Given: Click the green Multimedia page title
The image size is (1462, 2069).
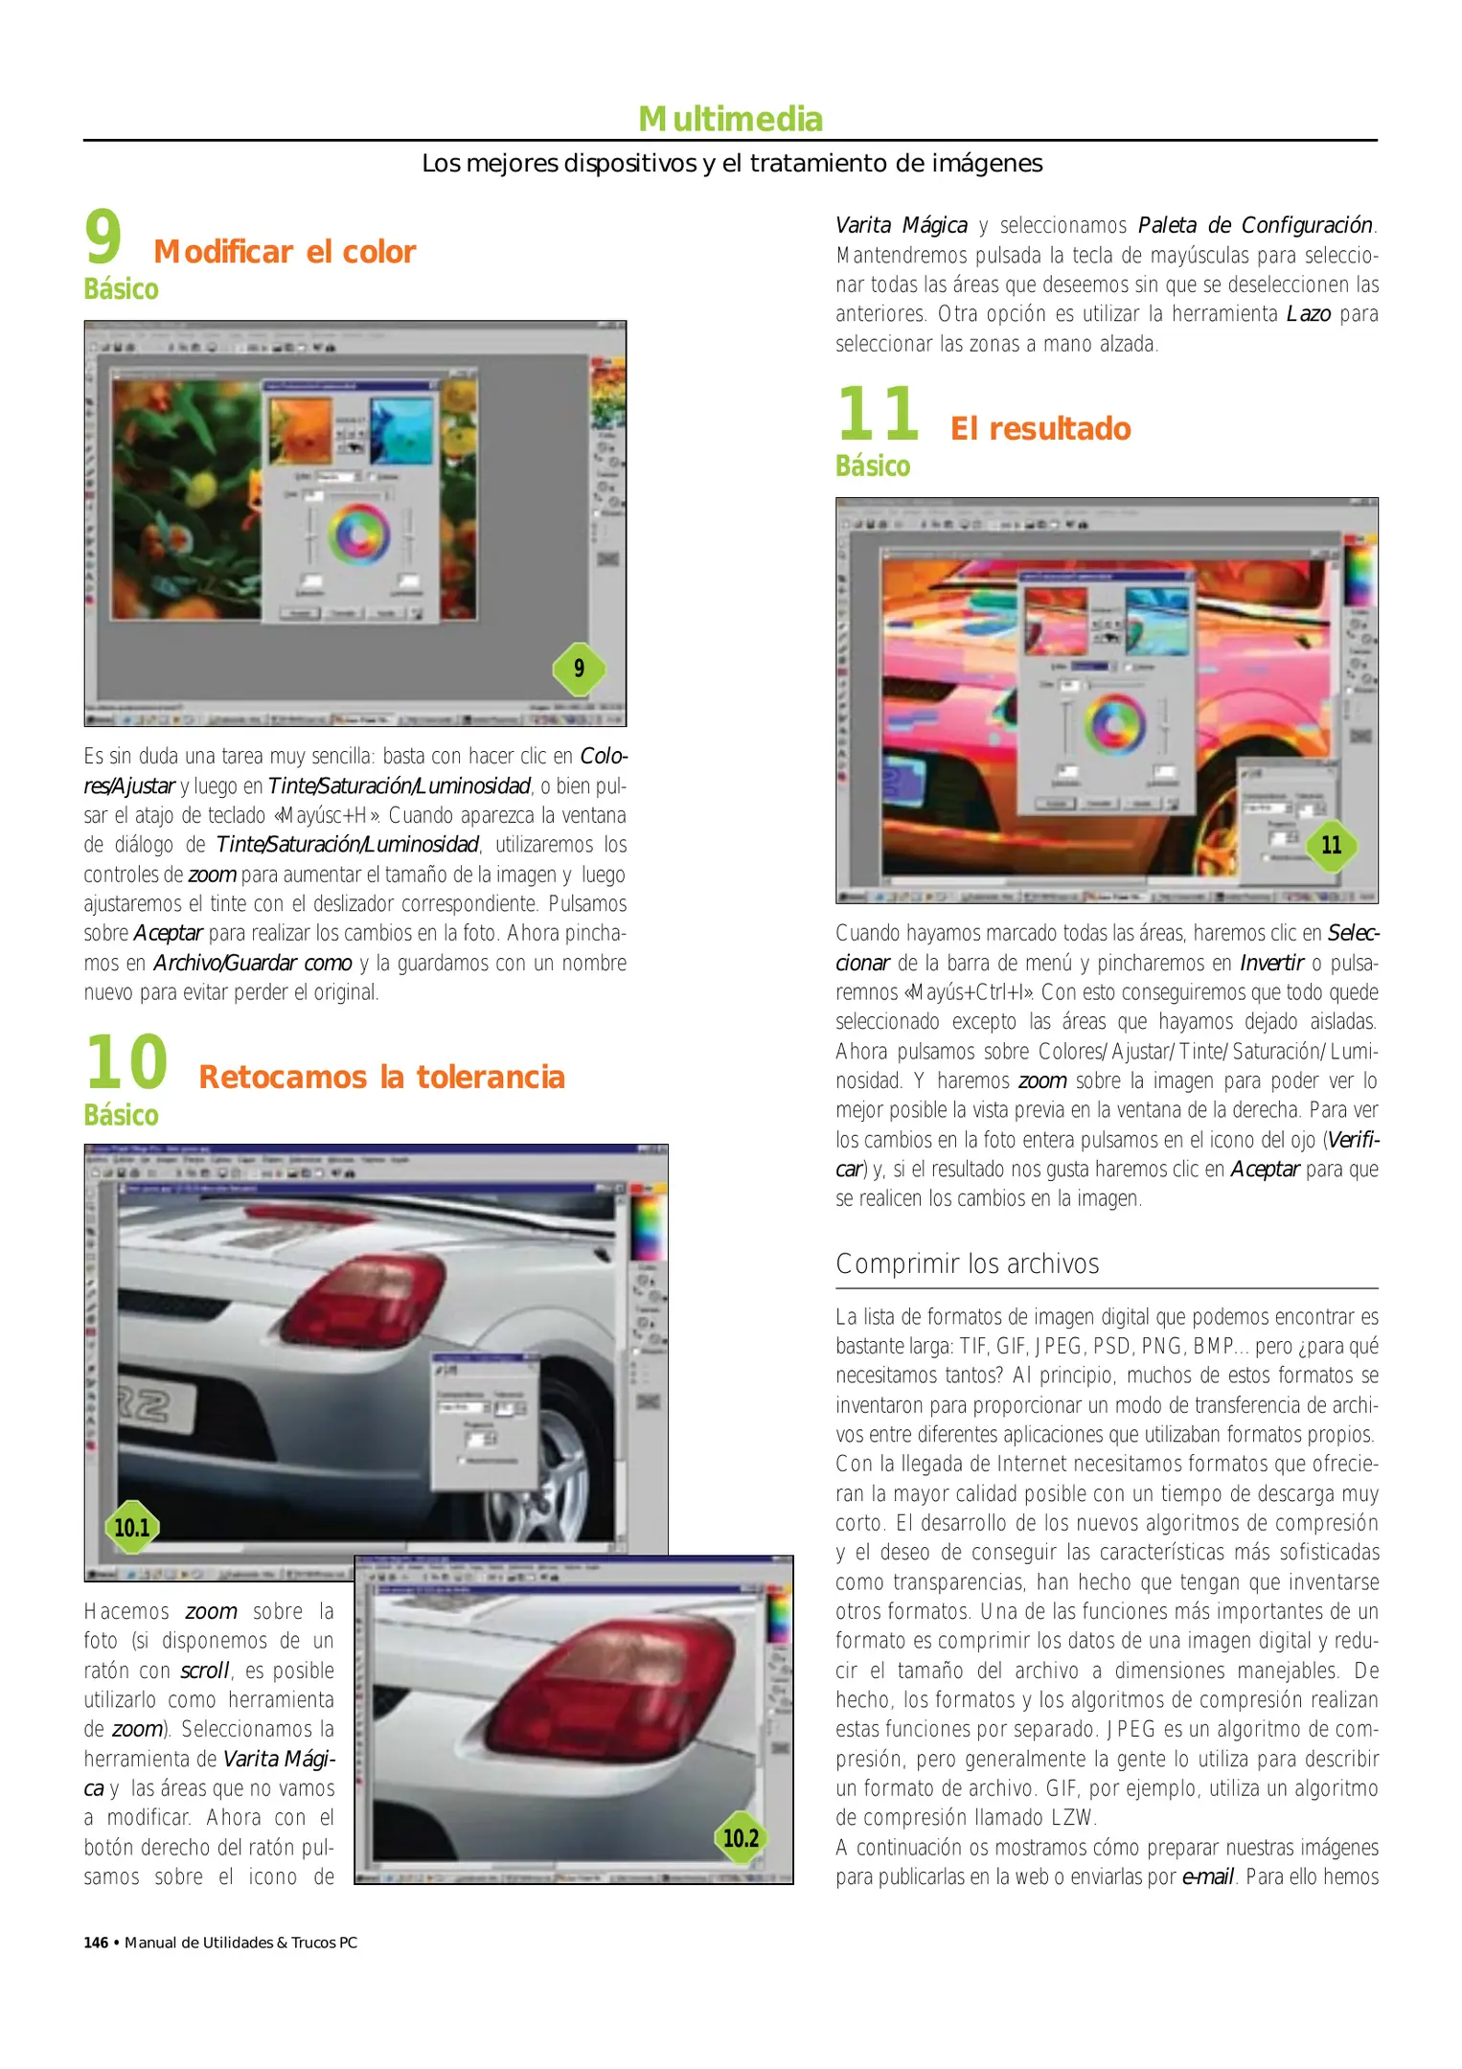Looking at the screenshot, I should click(730, 120).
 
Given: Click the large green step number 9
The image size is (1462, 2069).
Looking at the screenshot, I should click(103, 238).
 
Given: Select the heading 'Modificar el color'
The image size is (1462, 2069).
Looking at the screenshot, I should click(285, 252).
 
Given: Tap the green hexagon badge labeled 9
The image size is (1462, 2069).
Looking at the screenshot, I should click(579, 668).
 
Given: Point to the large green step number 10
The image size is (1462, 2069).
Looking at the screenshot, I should click(126, 1063).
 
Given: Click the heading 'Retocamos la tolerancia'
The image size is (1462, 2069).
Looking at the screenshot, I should click(381, 1078).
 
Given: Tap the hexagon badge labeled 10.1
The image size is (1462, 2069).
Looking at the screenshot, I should click(132, 1527).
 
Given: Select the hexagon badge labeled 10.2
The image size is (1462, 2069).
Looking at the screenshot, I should click(741, 1837).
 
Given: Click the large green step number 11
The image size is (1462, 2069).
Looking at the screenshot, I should click(878, 414).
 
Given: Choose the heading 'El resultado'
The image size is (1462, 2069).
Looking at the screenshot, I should click(1040, 429).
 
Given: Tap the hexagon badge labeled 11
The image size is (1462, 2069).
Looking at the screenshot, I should click(1331, 845).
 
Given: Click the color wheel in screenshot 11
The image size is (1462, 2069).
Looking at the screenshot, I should click(1114, 722).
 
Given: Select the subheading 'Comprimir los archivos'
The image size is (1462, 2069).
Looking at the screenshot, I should click(967, 1264).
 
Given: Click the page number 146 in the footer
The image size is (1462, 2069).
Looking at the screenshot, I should click(96, 1943).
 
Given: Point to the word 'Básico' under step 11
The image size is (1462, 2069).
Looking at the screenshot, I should click(873, 466).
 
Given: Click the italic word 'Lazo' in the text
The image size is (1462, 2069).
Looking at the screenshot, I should click(1308, 314).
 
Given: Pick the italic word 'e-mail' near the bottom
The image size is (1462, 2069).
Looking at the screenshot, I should click(1207, 1876).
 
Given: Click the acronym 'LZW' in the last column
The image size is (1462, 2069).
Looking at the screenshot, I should click(1072, 1818).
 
